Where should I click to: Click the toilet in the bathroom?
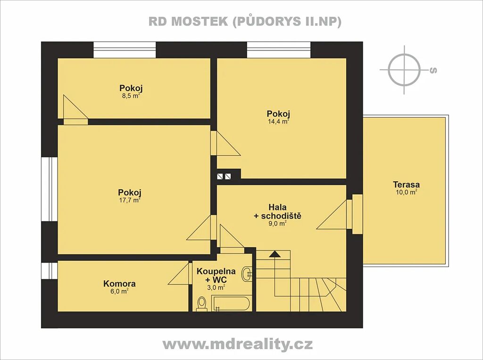point(202,303)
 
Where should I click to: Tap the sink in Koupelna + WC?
point(247,273)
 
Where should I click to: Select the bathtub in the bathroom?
point(231,303)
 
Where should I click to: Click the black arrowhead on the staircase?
point(275,254)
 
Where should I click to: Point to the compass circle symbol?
point(404,70)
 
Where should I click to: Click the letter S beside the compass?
point(433,70)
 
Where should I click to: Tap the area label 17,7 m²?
point(129,200)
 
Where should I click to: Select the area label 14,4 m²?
point(278,121)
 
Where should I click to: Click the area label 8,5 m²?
point(131,96)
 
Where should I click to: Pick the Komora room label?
point(119,284)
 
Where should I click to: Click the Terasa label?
point(406,184)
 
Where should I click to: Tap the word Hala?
point(277,207)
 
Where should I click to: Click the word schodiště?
point(281,216)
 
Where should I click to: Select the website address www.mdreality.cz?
point(238,344)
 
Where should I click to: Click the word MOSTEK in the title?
point(200,21)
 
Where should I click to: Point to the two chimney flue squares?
point(224,176)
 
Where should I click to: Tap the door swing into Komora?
point(178,273)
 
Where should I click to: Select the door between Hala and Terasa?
point(358,214)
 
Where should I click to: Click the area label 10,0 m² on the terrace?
point(406,193)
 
